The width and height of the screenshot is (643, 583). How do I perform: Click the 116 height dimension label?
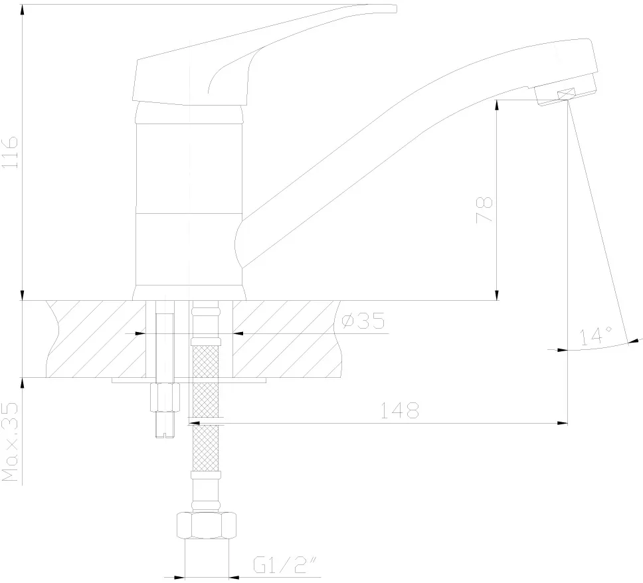[x=10, y=151]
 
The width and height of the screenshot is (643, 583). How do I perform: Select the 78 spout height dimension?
[x=484, y=210]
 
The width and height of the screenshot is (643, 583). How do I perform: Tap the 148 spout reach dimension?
[x=400, y=410]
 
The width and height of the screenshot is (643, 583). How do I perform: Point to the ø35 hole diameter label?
[x=363, y=321]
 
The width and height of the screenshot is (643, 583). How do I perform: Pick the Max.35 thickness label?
[x=10, y=442]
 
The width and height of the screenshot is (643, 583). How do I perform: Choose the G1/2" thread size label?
[x=286, y=564]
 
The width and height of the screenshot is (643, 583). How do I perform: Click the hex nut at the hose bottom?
[x=207, y=525]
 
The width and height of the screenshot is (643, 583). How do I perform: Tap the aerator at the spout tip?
[x=566, y=94]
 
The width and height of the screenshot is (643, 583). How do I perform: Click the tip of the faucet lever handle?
[x=396, y=9]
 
